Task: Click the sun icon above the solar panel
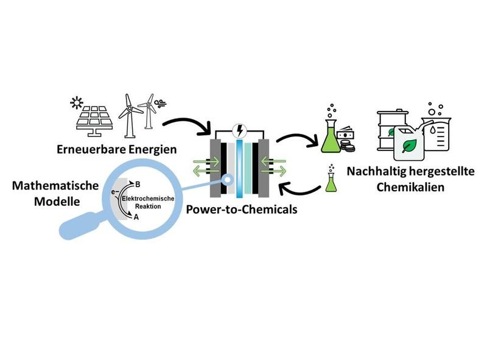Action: (x=77, y=101)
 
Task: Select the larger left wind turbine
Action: (x=128, y=113)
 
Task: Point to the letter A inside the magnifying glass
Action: (x=137, y=217)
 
